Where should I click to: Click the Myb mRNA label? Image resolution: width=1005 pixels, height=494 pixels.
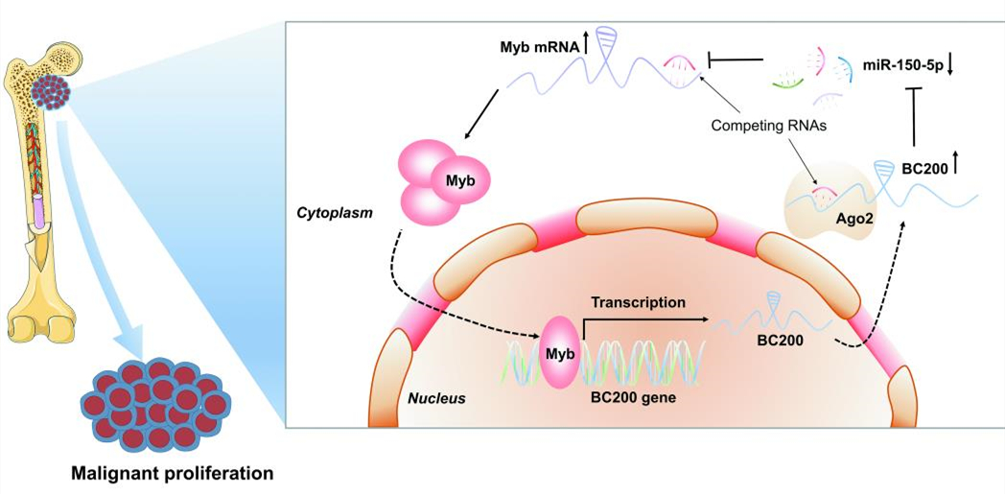pyautogui.click(x=537, y=46)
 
